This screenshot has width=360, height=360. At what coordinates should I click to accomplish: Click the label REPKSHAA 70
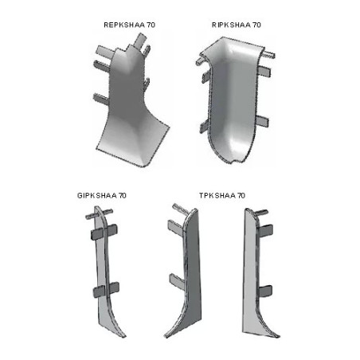130,25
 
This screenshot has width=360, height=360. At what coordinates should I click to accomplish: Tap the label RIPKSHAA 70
237,25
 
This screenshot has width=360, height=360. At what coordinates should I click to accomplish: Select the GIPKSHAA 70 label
102,196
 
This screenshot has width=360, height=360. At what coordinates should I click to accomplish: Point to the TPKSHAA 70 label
222,196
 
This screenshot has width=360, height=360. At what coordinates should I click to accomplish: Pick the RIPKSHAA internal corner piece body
233,101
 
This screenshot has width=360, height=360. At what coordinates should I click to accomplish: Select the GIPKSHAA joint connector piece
106,271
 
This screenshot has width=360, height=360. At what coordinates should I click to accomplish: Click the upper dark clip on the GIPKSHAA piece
104,231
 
